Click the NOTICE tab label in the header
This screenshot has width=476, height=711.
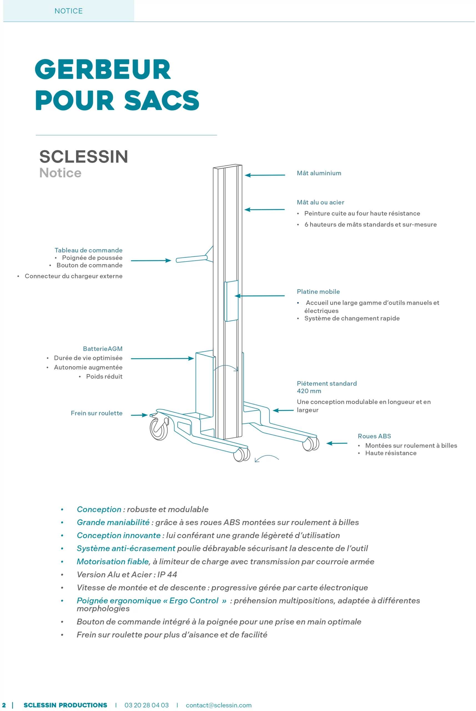click(68, 11)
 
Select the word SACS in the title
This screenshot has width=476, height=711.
click(162, 100)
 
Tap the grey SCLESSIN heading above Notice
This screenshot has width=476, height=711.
click(84, 156)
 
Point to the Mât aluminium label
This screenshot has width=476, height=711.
click(319, 173)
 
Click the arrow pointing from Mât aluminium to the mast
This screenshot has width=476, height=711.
click(265, 175)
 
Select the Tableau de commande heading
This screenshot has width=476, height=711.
click(88, 250)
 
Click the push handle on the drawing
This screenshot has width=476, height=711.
click(191, 259)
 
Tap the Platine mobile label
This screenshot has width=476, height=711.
click(318, 292)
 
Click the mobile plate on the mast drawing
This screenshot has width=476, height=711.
click(231, 301)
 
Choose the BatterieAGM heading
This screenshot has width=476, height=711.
click(103, 349)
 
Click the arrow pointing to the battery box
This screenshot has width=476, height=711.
click(162, 358)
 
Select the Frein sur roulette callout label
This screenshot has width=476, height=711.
click(97, 413)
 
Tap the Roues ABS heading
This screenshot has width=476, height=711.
click(374, 436)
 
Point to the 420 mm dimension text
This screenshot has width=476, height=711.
click(309, 391)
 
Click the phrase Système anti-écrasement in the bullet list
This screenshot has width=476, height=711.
click(126, 548)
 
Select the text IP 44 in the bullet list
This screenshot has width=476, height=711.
click(167, 574)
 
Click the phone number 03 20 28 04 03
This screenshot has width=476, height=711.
click(146, 705)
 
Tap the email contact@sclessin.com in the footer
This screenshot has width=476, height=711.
click(219, 705)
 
